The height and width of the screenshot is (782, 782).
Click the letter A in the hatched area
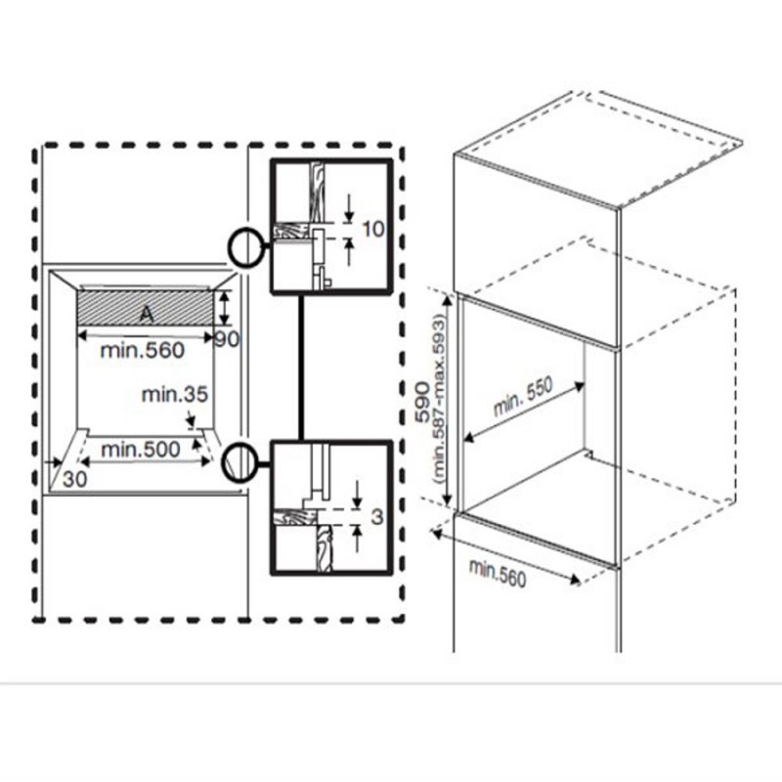146,314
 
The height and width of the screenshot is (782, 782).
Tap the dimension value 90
227,340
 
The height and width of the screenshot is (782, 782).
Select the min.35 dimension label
175,395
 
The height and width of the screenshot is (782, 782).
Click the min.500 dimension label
141,450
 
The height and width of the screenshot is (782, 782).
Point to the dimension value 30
75,479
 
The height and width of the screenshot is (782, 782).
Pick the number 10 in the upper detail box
372,229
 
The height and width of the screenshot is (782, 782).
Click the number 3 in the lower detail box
377,516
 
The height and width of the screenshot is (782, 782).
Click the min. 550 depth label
523,397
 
